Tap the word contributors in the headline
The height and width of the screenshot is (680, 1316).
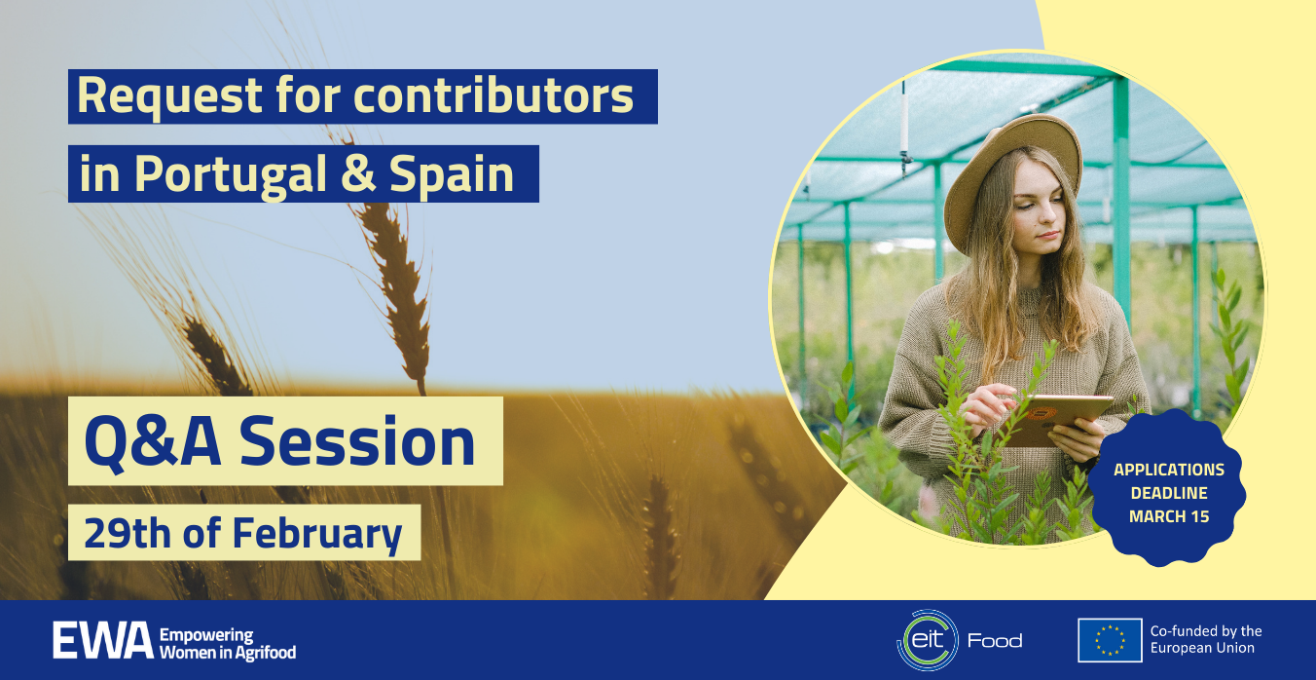493,94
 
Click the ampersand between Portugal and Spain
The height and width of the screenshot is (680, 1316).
358,173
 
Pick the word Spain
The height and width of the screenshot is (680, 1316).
452,175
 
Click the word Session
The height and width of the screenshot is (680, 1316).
357,441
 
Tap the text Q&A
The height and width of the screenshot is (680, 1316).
153,442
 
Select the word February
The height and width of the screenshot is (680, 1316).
317,534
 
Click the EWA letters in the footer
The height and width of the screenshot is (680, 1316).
103,641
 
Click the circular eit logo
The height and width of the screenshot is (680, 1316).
928,640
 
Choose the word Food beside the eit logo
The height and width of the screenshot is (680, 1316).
995,641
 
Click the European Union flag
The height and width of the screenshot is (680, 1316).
1110,640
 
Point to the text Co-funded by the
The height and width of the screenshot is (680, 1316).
1206,631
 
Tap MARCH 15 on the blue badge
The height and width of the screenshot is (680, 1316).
1169,517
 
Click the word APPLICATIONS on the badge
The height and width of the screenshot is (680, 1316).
1169,470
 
